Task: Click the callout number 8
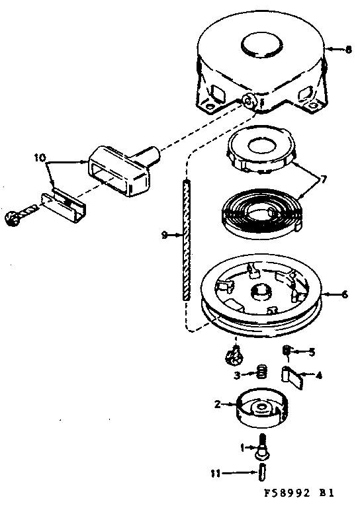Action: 349,48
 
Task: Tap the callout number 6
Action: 344,295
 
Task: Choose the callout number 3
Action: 236,376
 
